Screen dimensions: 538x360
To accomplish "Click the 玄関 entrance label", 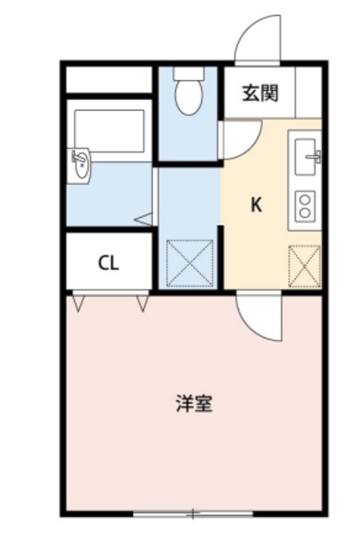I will (261, 93).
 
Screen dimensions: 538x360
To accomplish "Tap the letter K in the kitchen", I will (255, 204).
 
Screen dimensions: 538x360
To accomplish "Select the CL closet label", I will (109, 263).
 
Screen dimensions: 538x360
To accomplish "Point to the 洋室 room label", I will (193, 403).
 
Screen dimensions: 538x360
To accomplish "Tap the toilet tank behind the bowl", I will (188, 73).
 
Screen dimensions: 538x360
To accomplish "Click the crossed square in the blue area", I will (189, 265).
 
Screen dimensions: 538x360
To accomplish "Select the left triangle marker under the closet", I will (77, 300).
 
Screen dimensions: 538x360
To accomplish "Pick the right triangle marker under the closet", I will (140, 300).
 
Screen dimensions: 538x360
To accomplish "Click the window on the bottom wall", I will (193, 513).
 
